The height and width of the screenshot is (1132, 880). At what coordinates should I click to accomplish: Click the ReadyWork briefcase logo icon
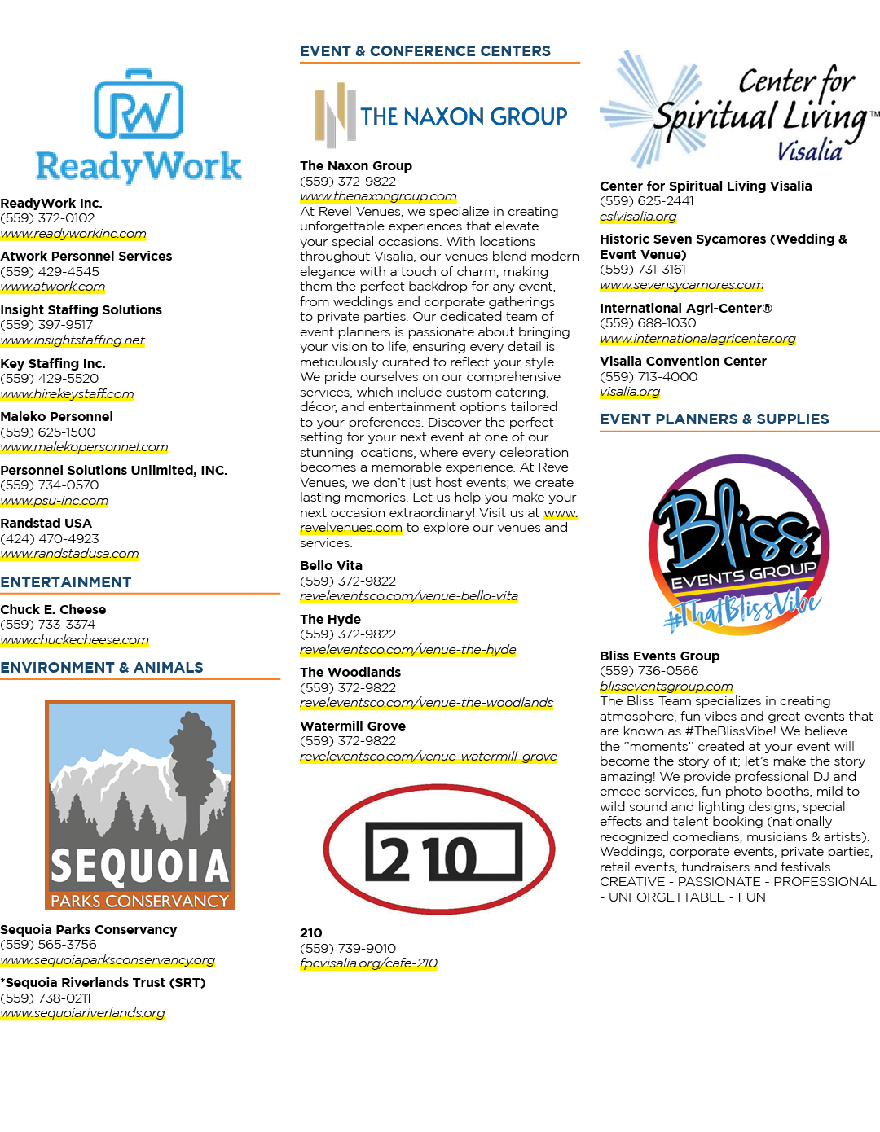click(x=139, y=104)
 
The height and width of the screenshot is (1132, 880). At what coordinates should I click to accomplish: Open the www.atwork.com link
click(x=53, y=287)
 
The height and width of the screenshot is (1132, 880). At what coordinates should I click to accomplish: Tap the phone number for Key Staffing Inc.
click(x=50, y=378)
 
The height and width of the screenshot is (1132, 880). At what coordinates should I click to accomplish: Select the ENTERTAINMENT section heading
click(x=66, y=582)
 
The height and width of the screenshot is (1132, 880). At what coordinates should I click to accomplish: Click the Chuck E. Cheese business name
click(x=53, y=609)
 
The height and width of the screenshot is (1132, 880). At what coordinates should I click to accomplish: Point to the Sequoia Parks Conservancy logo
click(x=140, y=805)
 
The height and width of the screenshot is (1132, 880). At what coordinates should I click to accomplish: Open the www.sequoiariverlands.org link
click(x=82, y=1013)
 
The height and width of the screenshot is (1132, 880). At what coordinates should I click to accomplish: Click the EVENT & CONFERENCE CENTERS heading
click(x=425, y=51)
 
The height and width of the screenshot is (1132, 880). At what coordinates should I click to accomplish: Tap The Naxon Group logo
click(x=441, y=115)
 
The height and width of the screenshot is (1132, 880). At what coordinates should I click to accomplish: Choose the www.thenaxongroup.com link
click(x=378, y=196)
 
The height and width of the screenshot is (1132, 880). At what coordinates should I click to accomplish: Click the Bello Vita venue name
click(x=331, y=566)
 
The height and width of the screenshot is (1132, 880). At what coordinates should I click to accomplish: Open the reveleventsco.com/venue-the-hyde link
click(x=408, y=650)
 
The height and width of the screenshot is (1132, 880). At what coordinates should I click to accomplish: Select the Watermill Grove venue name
click(x=353, y=726)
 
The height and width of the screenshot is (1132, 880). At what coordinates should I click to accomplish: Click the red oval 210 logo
click(x=439, y=849)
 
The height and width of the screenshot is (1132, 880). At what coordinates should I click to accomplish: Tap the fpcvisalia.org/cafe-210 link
click(x=368, y=963)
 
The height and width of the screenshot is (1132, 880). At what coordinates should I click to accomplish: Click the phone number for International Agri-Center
click(x=648, y=323)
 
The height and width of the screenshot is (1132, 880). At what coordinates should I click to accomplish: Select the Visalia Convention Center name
click(x=683, y=361)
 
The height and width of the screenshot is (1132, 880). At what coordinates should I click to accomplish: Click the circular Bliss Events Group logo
click(x=739, y=544)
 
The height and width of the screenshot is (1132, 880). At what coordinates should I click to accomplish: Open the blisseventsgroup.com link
click(x=667, y=686)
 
